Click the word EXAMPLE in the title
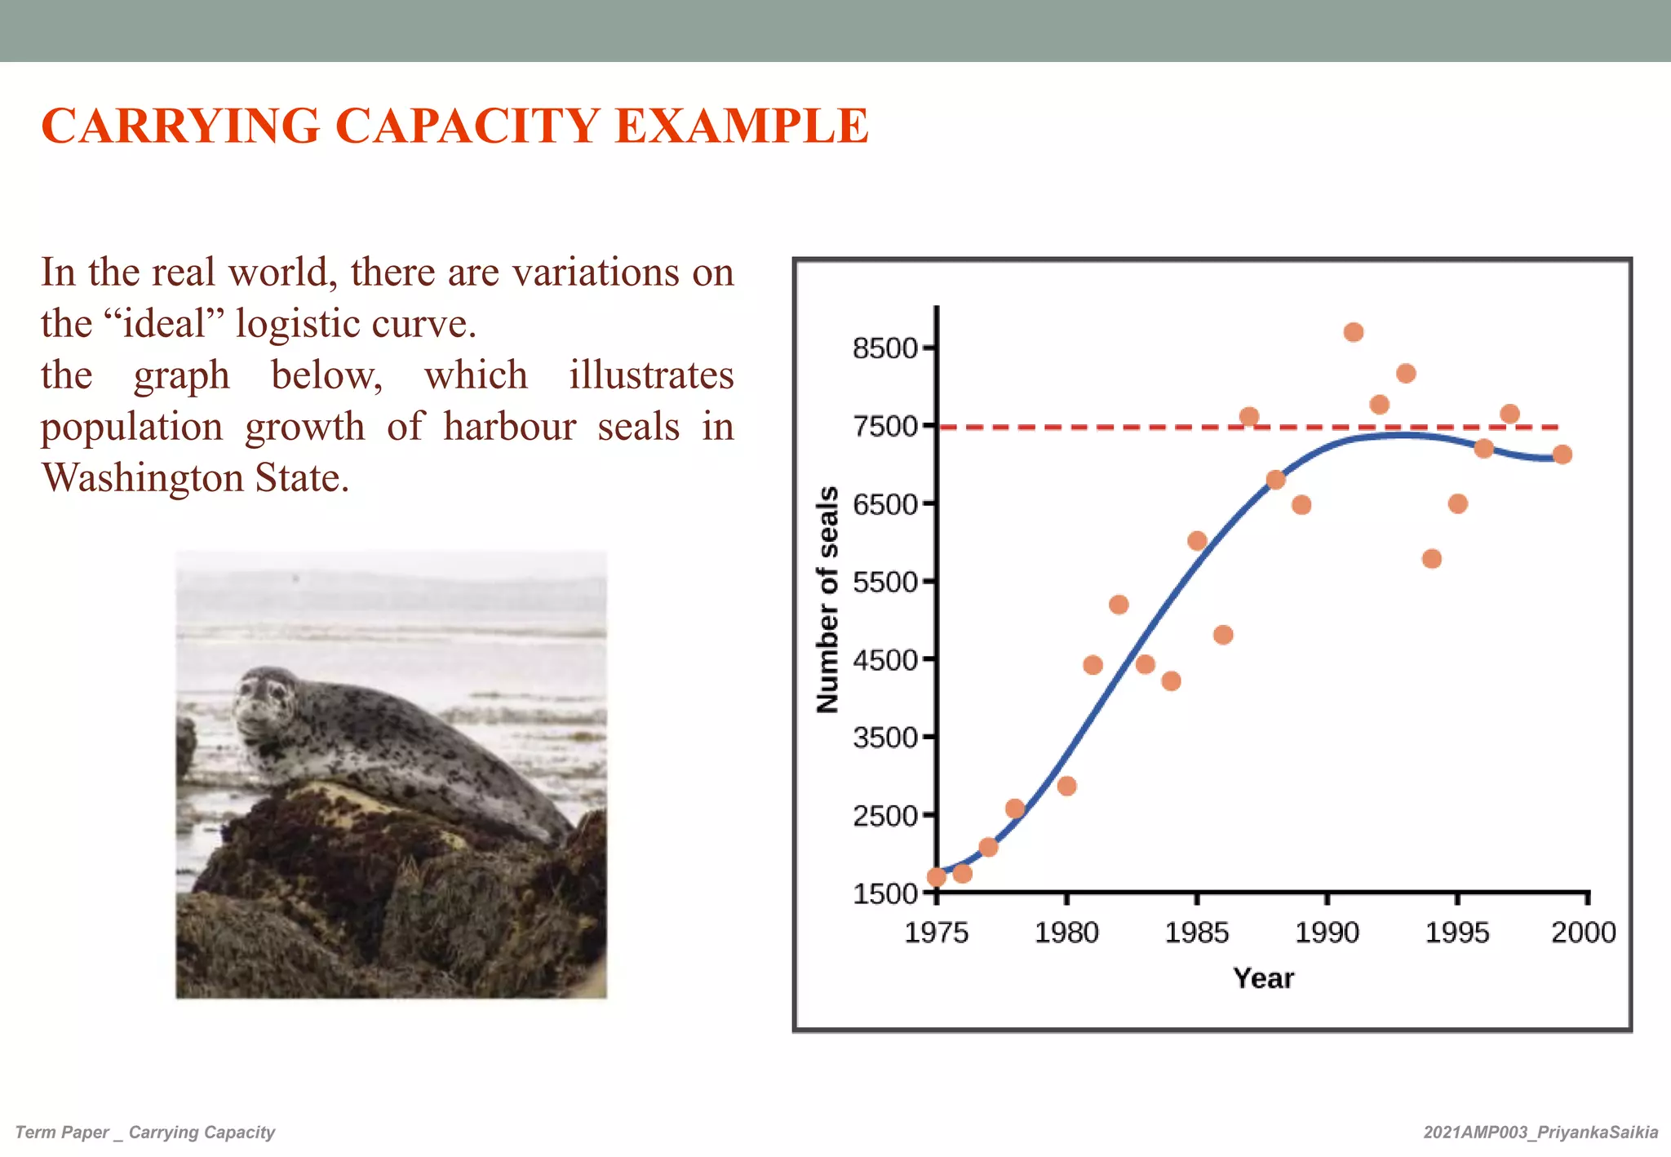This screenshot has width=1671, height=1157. [x=741, y=126]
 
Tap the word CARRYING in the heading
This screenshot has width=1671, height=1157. [x=180, y=126]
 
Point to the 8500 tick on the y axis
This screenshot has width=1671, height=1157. [x=886, y=348]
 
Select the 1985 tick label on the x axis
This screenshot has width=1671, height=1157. [x=1196, y=932]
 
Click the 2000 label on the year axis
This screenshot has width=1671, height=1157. [x=1583, y=932]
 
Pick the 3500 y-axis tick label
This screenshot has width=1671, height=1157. [x=886, y=738]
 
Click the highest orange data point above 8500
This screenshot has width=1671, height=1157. [x=1354, y=332]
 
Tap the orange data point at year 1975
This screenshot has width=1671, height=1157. [x=937, y=877]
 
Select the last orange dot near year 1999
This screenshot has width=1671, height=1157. [x=1562, y=454]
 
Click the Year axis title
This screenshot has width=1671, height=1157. [x=1263, y=977]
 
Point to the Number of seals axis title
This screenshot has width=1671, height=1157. [x=827, y=600]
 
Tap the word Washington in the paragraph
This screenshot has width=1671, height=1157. [x=143, y=477]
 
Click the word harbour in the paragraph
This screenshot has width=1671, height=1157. [x=509, y=427]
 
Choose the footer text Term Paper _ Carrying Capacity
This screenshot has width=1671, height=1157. [x=145, y=1133]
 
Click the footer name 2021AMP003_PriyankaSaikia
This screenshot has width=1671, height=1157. [x=1540, y=1133]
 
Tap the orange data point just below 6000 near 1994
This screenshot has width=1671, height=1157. [x=1431, y=559]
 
